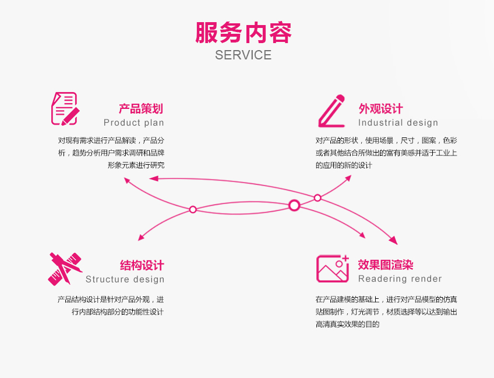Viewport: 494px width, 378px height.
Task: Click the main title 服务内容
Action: [x=244, y=33]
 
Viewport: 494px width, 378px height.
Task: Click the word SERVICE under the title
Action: [x=243, y=55]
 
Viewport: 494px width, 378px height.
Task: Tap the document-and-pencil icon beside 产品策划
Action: [x=64, y=108]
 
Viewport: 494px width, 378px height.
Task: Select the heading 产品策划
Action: [x=141, y=108]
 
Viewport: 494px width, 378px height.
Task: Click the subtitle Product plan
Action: [x=134, y=122]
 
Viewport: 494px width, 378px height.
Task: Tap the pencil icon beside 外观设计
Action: [x=331, y=111]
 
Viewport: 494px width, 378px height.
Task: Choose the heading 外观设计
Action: [x=380, y=108]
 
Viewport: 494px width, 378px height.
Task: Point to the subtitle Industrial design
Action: [x=398, y=122]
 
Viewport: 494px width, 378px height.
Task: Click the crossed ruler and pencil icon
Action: [x=65, y=269]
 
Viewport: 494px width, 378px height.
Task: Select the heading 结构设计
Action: [x=142, y=266]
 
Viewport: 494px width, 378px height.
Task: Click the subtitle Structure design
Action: [x=125, y=279]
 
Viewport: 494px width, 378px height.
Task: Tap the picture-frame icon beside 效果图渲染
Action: [x=333, y=268]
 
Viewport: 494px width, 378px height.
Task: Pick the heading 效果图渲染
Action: [x=386, y=265]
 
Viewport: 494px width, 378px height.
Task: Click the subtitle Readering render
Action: [x=400, y=279]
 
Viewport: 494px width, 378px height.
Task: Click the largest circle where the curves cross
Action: [x=294, y=205]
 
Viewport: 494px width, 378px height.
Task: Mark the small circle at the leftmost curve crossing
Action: [x=193, y=209]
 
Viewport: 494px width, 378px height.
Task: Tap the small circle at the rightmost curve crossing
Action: [x=317, y=198]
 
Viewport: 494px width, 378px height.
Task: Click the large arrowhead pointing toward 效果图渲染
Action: [x=394, y=241]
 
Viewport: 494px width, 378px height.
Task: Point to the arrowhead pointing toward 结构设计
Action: [x=141, y=238]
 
